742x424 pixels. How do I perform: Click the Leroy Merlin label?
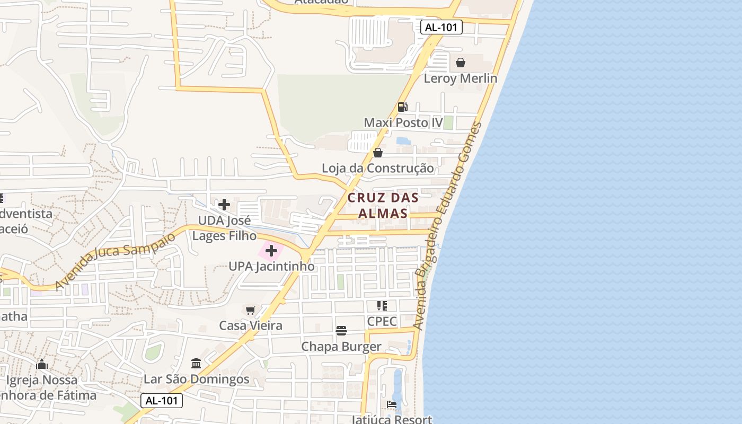460,78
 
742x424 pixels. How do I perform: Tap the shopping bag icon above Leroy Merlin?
461,63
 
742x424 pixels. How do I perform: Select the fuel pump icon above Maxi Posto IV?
403,107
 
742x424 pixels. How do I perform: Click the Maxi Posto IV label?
403,123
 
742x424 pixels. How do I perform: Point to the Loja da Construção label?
377,169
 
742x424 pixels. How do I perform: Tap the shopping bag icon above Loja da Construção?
378,153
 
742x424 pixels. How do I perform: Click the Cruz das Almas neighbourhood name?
383,205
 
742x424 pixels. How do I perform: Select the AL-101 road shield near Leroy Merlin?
441,27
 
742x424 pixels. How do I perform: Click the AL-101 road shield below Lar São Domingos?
162,401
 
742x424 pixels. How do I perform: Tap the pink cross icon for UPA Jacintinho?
271,251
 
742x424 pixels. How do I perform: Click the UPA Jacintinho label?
271,266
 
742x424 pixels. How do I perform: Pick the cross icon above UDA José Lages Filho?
224,205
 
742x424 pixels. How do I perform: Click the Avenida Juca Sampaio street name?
114,261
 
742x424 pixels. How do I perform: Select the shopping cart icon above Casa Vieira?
251,310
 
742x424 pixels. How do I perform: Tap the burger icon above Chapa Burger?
341,331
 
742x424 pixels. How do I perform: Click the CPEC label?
382,321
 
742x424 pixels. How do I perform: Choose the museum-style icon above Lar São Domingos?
196,364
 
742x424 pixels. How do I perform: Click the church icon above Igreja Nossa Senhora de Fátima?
42,364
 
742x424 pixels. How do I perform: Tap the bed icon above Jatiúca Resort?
392,404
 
